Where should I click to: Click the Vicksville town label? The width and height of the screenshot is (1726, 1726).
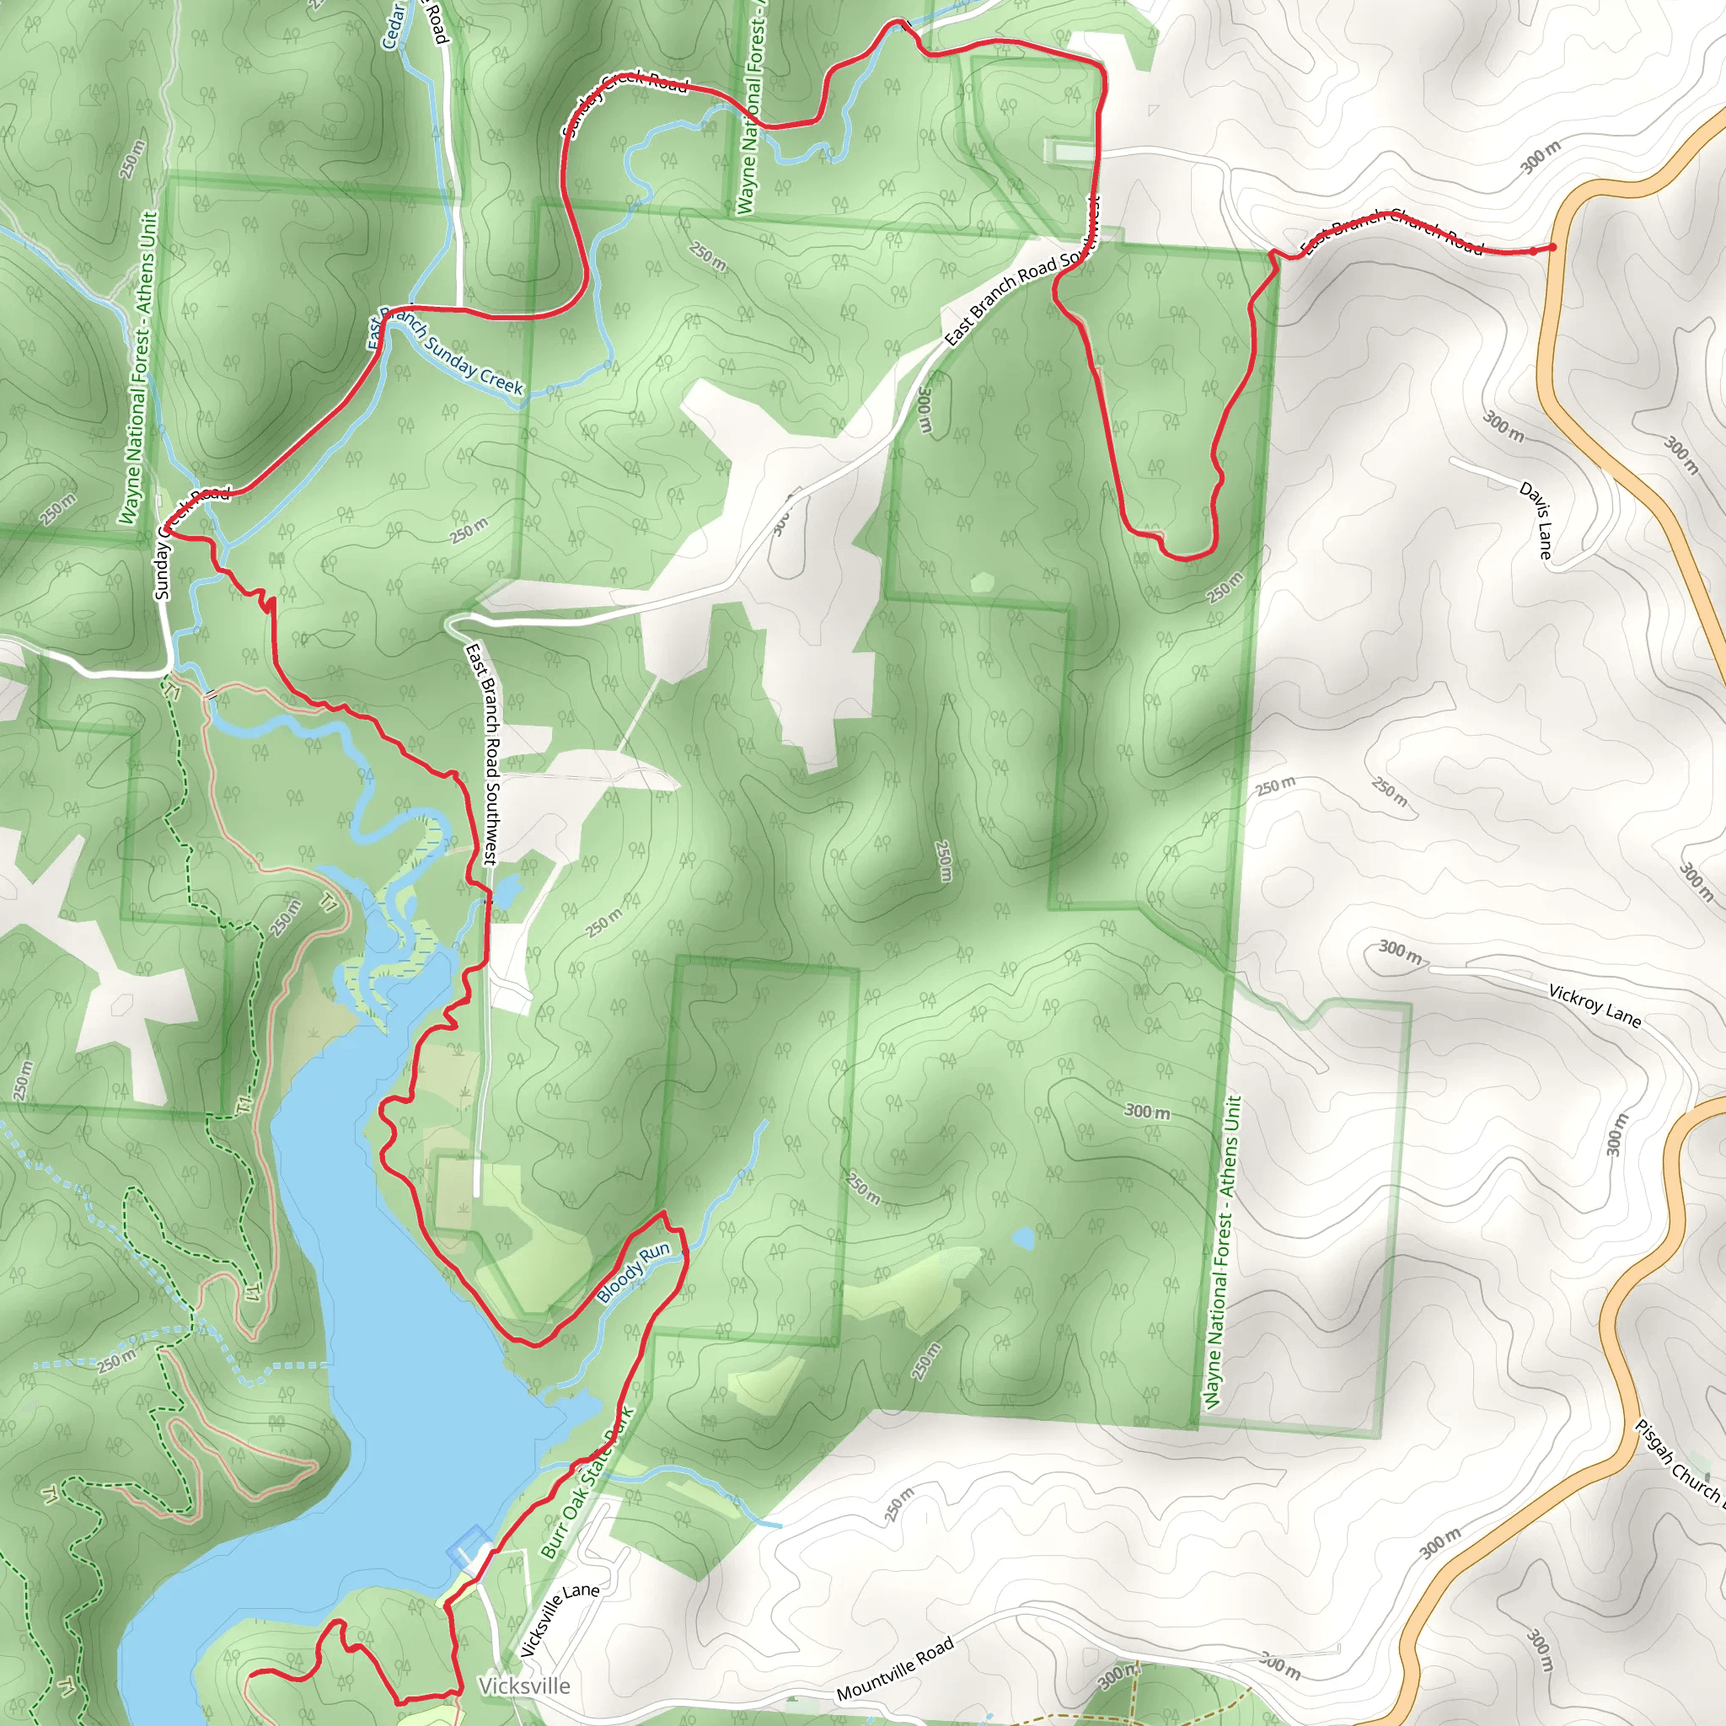coord(523,1686)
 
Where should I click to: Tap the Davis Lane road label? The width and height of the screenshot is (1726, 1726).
coord(1536,520)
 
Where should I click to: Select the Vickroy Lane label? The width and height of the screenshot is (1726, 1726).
coord(1595,1006)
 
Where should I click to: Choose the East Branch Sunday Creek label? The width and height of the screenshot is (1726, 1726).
coord(447,351)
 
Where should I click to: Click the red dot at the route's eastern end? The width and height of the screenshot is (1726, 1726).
coord(1552,248)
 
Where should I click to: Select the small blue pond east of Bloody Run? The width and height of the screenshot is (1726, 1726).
coord(1024,1239)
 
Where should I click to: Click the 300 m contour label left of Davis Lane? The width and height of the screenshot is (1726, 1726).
coord(1504,427)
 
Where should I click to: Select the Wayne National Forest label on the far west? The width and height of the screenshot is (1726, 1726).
coord(138,367)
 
